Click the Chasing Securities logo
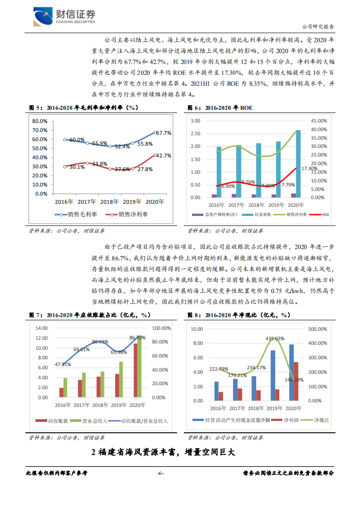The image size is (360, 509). click(64, 16)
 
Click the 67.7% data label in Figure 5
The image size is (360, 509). click(163, 133)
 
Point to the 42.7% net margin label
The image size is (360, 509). click(163, 156)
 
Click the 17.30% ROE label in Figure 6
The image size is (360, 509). click(309, 168)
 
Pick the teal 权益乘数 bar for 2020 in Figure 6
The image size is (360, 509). click(298, 163)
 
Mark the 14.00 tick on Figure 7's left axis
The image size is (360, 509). click(41, 328)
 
